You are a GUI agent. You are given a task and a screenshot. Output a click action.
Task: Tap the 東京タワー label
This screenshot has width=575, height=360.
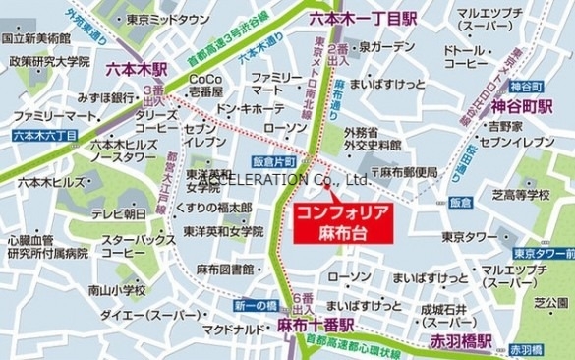[x=468, y=237]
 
